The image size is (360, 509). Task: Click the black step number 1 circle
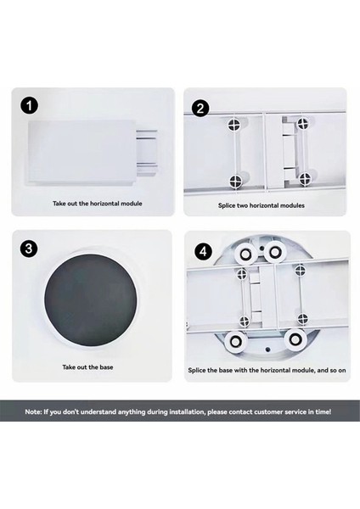[x=29, y=106]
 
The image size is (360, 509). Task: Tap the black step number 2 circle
[x=200, y=108]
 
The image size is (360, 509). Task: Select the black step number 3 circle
[x=29, y=249]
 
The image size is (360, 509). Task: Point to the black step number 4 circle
[x=203, y=251]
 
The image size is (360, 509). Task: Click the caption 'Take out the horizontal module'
[x=98, y=204]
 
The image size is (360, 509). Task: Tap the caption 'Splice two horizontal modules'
[x=262, y=205]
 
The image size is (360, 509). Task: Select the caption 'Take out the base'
[x=87, y=367]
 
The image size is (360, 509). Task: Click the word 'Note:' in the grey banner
[x=33, y=412]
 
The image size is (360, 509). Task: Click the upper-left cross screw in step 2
[x=234, y=124]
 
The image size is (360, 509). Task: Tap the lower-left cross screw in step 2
[x=235, y=182]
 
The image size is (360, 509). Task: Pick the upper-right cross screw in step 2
[x=303, y=122]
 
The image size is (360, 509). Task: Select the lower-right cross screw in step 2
[x=305, y=178]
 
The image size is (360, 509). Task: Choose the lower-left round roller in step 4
[x=235, y=342]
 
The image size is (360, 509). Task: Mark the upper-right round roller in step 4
[x=274, y=252]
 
